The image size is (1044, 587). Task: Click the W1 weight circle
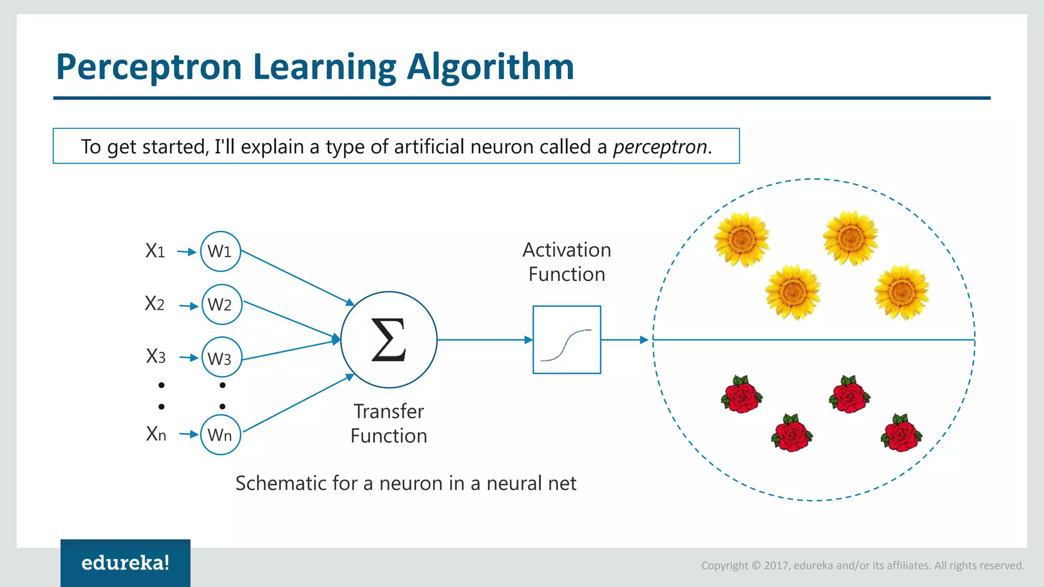click(x=220, y=251)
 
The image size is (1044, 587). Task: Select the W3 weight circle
click(x=221, y=357)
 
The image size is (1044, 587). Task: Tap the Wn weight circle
click(x=220, y=435)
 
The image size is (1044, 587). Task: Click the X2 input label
click(x=154, y=304)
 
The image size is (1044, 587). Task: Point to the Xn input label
click(x=156, y=434)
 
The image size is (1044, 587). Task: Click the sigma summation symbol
click(x=388, y=340)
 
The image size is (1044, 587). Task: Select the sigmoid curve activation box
click(x=566, y=340)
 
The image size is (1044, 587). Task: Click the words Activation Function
click(x=566, y=262)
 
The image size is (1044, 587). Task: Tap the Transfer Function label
click(x=388, y=423)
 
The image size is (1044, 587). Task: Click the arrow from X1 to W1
click(x=187, y=252)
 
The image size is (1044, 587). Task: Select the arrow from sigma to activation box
click(x=484, y=340)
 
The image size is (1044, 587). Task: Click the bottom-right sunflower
click(x=901, y=292)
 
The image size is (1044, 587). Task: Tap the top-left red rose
click(x=742, y=395)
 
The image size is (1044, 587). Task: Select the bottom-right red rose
click(x=901, y=434)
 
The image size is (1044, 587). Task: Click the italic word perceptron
click(x=660, y=147)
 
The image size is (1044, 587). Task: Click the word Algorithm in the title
click(x=490, y=67)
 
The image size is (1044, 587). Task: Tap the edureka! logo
click(x=125, y=563)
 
